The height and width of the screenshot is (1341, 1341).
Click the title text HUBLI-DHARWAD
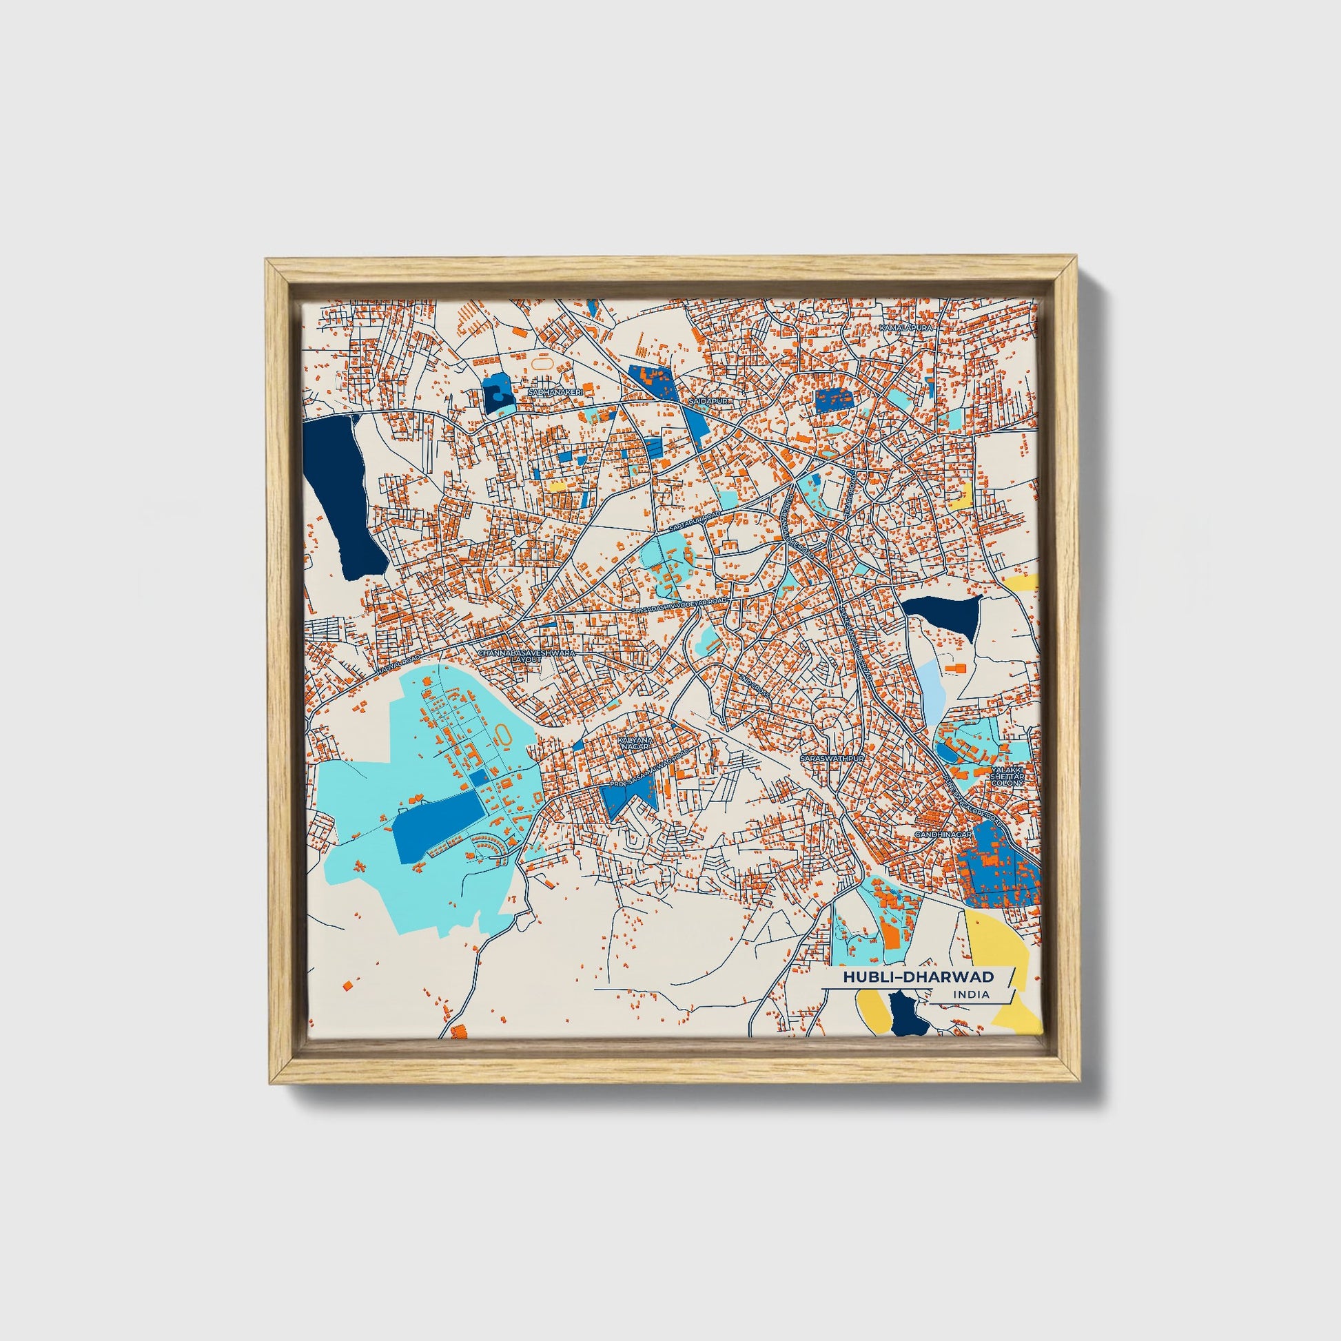[x=919, y=976]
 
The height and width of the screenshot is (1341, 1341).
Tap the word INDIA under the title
[x=971, y=994]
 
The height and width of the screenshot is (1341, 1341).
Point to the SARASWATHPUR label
[x=832, y=759]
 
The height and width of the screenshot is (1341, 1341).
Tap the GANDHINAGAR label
[x=941, y=833]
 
